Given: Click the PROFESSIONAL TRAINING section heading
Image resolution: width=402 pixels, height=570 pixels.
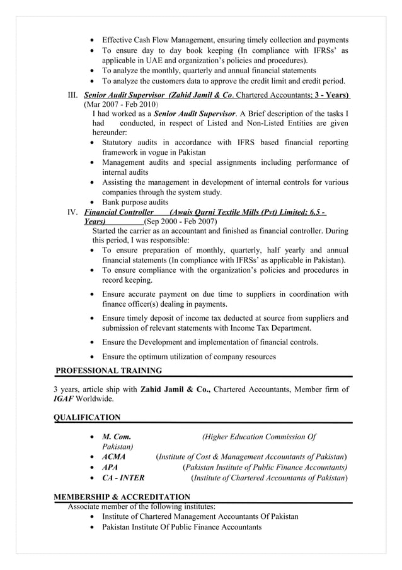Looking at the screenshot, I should click(x=108, y=371).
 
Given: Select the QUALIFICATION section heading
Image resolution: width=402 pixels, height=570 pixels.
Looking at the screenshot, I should click(x=87, y=417).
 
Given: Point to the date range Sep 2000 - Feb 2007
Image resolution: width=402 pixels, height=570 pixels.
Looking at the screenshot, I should click(x=181, y=222).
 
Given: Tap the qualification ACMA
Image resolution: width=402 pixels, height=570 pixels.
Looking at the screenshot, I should click(x=113, y=456).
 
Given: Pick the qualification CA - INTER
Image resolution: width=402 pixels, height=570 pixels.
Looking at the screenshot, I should click(x=123, y=478).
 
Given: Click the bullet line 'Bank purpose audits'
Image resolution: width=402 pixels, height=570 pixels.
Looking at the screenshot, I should click(x=135, y=202).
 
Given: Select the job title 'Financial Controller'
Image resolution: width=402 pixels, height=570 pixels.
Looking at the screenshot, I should click(x=118, y=212).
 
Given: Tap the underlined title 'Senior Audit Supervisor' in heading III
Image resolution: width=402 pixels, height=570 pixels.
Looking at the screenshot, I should click(x=121, y=93).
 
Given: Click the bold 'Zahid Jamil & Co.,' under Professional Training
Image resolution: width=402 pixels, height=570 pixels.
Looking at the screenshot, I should click(x=175, y=389).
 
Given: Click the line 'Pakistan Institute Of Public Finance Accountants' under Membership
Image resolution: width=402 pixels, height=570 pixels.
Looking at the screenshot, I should click(x=181, y=526).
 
